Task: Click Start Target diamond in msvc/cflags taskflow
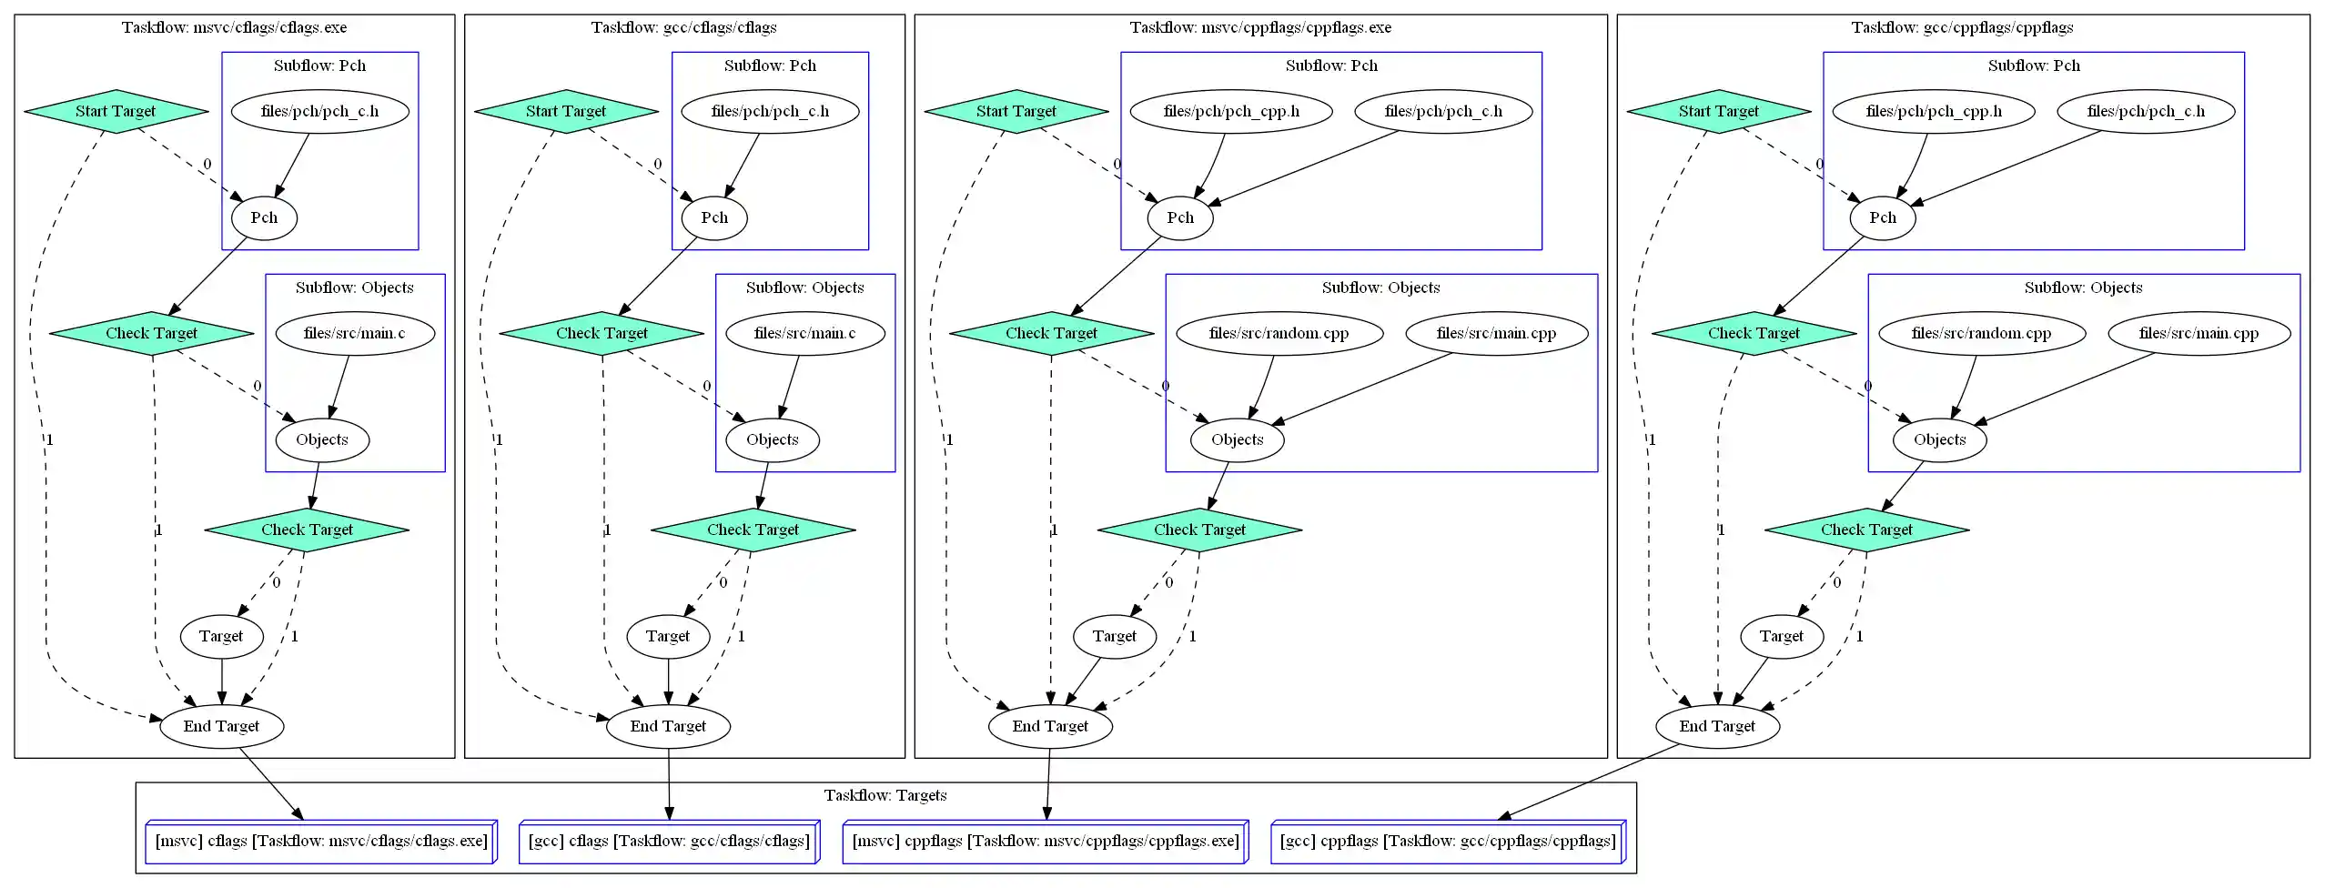coord(116,111)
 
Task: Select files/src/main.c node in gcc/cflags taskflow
coord(804,333)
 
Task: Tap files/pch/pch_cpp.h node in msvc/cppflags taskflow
coord(1231,111)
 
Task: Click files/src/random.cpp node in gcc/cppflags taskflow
coord(1981,333)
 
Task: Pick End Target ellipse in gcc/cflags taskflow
coord(668,726)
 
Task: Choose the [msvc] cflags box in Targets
coord(321,841)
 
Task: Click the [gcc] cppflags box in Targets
coord(1447,841)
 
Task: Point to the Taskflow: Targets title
coord(885,795)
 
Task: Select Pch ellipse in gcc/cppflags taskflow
coord(1882,217)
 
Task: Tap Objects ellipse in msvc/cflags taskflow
coord(322,439)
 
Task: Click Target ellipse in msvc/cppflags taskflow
coord(1114,636)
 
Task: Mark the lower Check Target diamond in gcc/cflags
coord(753,530)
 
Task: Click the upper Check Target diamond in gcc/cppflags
coord(1754,333)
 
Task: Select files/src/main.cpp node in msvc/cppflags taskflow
coord(1496,333)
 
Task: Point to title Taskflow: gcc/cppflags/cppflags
coord(1962,27)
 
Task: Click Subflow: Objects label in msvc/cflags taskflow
coord(354,288)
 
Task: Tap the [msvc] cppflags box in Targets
coord(1045,841)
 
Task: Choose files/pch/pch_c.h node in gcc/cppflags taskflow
coord(2146,111)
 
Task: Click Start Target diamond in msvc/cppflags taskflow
coord(1016,111)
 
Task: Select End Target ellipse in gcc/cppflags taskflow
coord(1716,726)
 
